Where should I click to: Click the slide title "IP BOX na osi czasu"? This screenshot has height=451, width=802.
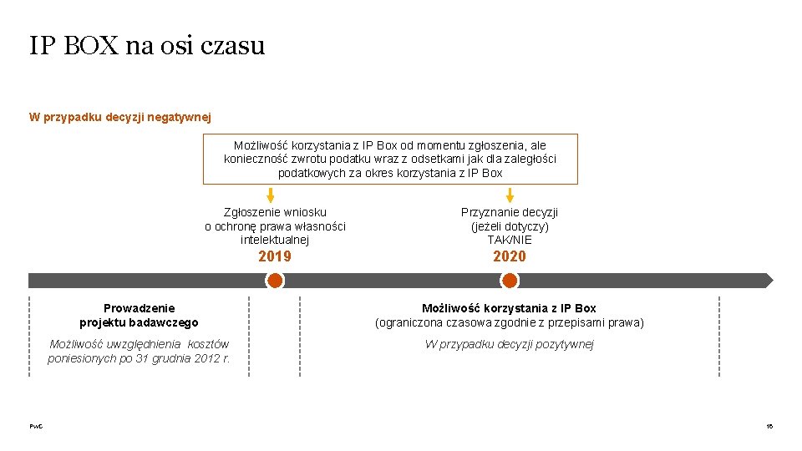pos(147,45)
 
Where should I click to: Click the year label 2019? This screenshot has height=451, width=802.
pos(275,256)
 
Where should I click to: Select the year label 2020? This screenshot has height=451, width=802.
pos(510,256)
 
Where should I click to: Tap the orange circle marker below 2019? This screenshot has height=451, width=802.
pos(275,281)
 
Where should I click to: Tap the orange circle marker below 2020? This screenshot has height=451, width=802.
pos(510,281)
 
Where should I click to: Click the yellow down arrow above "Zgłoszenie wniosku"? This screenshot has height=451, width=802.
pos(270,195)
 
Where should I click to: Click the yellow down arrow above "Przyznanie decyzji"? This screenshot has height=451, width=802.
pos(510,195)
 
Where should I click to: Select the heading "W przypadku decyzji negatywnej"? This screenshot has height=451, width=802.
pos(120,117)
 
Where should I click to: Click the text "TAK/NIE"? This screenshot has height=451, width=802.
pos(510,240)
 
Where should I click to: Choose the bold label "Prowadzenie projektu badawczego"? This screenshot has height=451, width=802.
pos(140,316)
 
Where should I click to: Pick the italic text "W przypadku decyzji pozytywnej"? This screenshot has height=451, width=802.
pos(510,344)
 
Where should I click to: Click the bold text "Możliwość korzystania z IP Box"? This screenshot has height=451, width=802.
pos(510,308)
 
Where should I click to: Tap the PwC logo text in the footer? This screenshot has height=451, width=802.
pos(36,427)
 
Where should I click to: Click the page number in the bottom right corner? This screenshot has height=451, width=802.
pos(769,427)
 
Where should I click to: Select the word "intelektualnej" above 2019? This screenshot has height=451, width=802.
pos(275,240)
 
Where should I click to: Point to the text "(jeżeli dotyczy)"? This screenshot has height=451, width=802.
pos(510,226)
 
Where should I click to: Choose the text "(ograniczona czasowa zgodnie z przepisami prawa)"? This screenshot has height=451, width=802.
pos(510,322)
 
